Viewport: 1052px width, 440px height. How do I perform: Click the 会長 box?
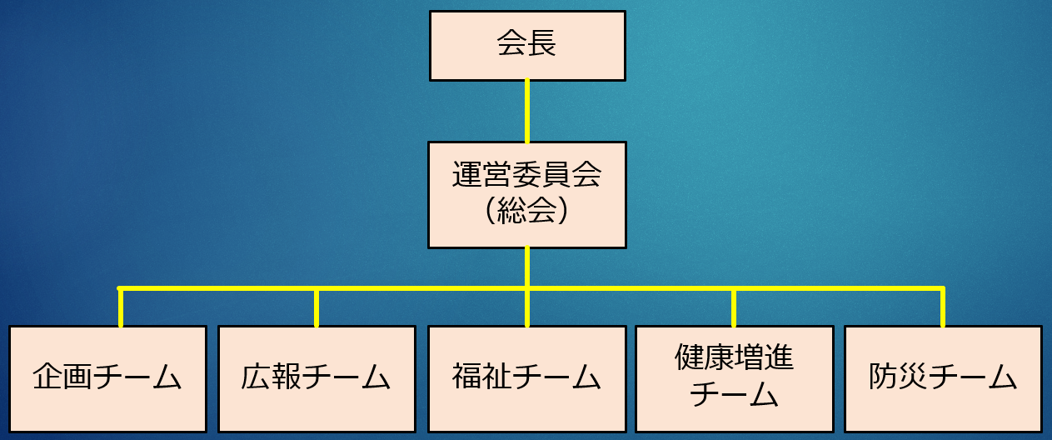tap(527, 46)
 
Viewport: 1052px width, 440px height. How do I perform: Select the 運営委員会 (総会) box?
tap(527, 195)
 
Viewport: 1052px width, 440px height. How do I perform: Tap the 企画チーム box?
tap(107, 379)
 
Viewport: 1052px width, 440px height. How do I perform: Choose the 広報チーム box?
tap(317, 379)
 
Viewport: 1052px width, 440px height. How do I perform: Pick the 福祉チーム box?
tap(526, 379)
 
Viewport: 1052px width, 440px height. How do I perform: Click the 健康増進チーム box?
tap(734, 379)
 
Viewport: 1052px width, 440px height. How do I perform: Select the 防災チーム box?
tap(943, 379)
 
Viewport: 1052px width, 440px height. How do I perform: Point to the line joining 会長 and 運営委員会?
tap(527, 111)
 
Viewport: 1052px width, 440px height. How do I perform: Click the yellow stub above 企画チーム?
tap(121, 307)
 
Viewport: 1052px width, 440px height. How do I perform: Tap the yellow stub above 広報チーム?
tap(317, 307)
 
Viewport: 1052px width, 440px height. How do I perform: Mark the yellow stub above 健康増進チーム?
tap(734, 307)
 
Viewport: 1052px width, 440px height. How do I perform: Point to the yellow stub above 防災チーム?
tap(943, 307)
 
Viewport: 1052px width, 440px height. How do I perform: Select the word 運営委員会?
tap(526, 177)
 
